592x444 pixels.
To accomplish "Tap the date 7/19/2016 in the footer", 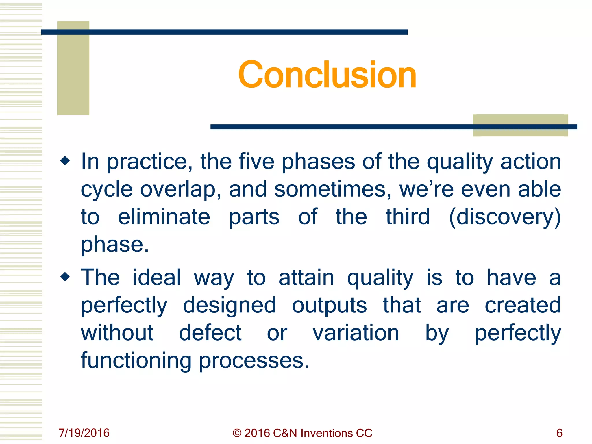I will click(x=84, y=433).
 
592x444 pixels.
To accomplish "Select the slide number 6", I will click(x=559, y=433).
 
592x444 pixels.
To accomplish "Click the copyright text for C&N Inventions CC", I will click(x=302, y=433).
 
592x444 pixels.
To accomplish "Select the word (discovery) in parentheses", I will click(x=505, y=217).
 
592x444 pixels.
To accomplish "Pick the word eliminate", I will click(x=164, y=217).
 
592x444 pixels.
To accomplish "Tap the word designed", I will click(x=230, y=305).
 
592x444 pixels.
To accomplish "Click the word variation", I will click(x=356, y=333).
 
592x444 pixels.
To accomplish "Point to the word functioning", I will click(x=136, y=361).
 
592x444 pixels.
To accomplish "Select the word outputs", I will click(x=329, y=305).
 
